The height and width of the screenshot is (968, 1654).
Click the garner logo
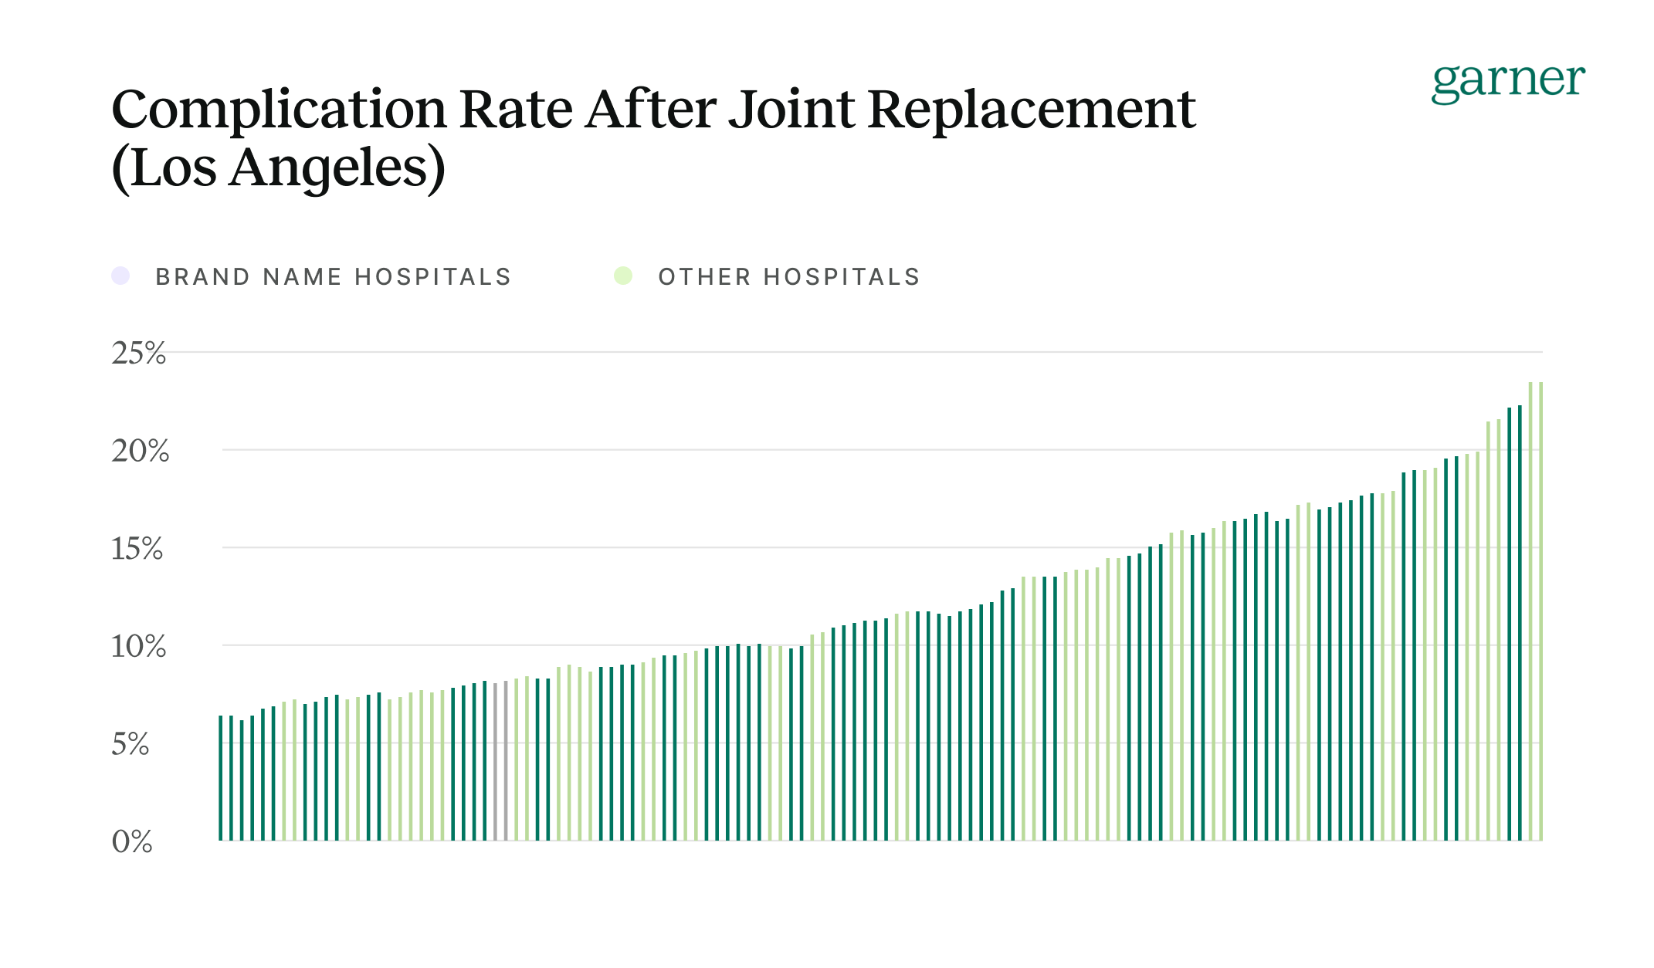[x=1507, y=82]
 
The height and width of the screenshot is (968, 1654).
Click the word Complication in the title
[x=279, y=110]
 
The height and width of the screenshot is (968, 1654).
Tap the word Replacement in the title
[x=1032, y=110]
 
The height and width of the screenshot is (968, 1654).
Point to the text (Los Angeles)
[x=279, y=168]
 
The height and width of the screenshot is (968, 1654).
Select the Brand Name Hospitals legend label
[x=334, y=277]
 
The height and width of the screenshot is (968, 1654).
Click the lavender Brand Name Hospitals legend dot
[x=120, y=276]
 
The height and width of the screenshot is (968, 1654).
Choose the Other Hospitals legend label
[x=789, y=277]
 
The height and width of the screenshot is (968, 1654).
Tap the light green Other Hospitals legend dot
[x=623, y=276]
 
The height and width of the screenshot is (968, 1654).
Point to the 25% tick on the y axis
[x=138, y=354]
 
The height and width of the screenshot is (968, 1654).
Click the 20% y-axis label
[x=140, y=452]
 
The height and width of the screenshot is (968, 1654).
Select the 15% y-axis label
[x=137, y=549]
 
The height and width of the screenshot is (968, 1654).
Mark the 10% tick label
[x=138, y=647]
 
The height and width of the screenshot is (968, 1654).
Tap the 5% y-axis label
[x=130, y=745]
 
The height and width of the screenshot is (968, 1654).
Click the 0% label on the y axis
[x=132, y=842]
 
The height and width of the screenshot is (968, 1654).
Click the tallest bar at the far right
[x=1540, y=618]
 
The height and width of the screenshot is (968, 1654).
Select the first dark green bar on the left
[x=221, y=780]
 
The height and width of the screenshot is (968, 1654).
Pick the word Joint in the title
[x=791, y=110]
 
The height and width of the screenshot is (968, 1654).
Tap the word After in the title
[x=650, y=110]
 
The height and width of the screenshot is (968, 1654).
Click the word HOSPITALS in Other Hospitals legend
[x=842, y=277]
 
